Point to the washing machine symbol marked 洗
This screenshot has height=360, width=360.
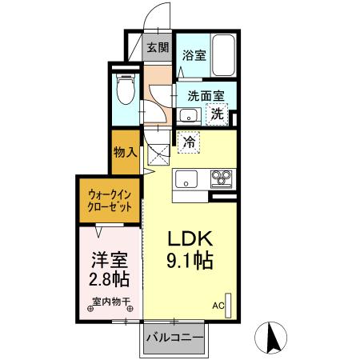pyautogui.click(x=217, y=114)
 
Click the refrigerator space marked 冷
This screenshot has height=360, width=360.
pyautogui.click(x=189, y=142)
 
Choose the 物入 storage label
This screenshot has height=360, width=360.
pyautogui.click(x=126, y=151)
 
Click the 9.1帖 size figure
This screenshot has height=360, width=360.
pyautogui.click(x=189, y=261)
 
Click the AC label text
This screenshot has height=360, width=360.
pyautogui.click(x=218, y=305)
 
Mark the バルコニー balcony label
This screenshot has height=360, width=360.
pyautogui.click(x=174, y=336)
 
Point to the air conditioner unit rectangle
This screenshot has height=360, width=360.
pyautogui.click(x=230, y=305)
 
